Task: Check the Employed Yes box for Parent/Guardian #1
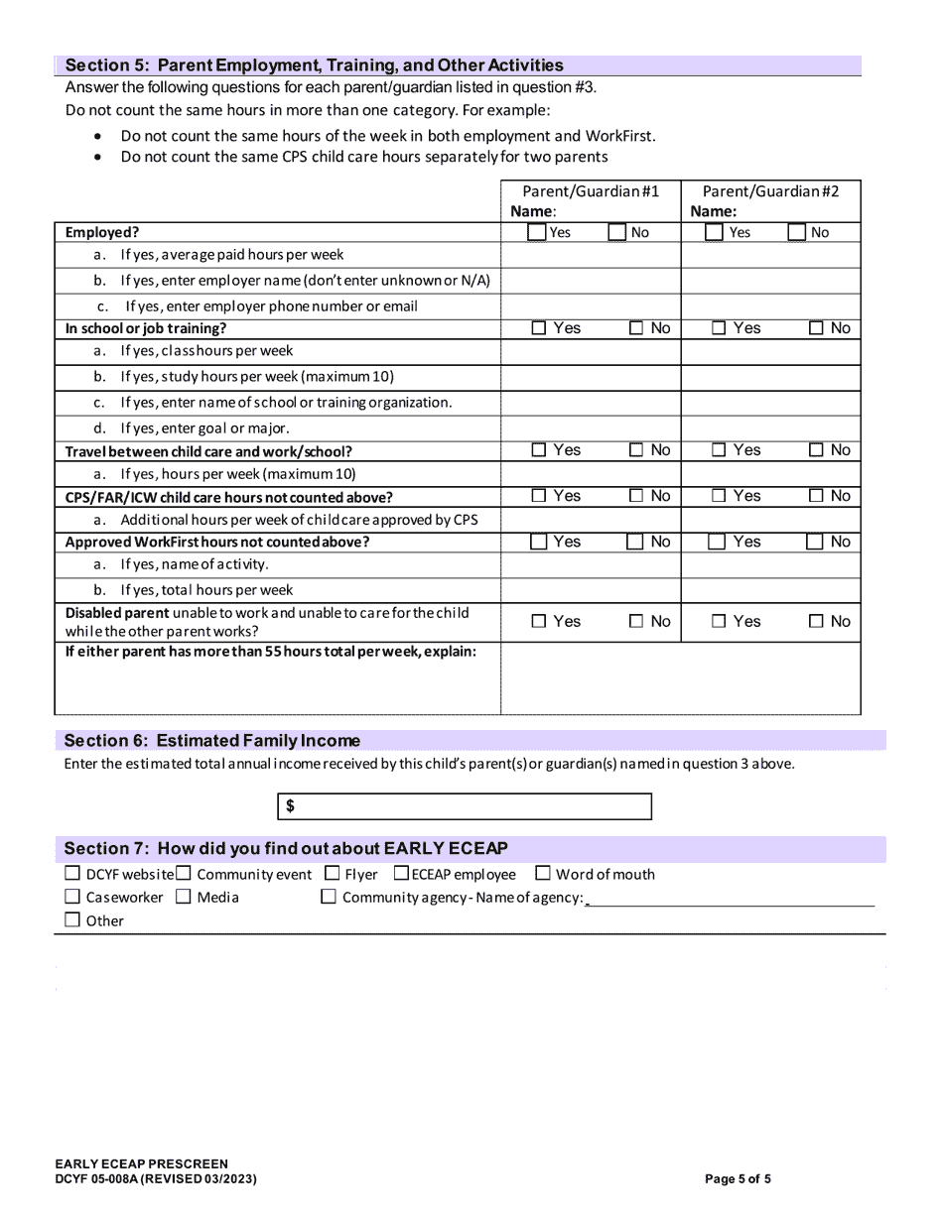[x=537, y=233]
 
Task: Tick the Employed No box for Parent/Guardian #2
[x=797, y=233]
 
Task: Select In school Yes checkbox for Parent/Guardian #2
[x=720, y=328]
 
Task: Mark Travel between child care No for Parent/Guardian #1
[x=636, y=450]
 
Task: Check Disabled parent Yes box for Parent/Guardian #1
[x=539, y=622]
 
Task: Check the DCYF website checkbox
[x=72, y=874]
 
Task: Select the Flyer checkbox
[x=333, y=874]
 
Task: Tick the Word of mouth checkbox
[x=543, y=874]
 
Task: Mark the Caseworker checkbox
[x=72, y=897]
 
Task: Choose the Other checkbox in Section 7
[x=72, y=920]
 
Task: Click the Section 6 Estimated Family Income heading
[x=212, y=741]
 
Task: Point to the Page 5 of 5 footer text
[x=738, y=1179]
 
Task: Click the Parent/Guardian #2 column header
[x=770, y=191]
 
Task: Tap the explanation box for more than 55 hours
[x=680, y=678]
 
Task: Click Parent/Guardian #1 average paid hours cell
[x=590, y=256]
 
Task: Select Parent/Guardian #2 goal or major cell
[x=770, y=428]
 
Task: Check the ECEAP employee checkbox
[x=402, y=874]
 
